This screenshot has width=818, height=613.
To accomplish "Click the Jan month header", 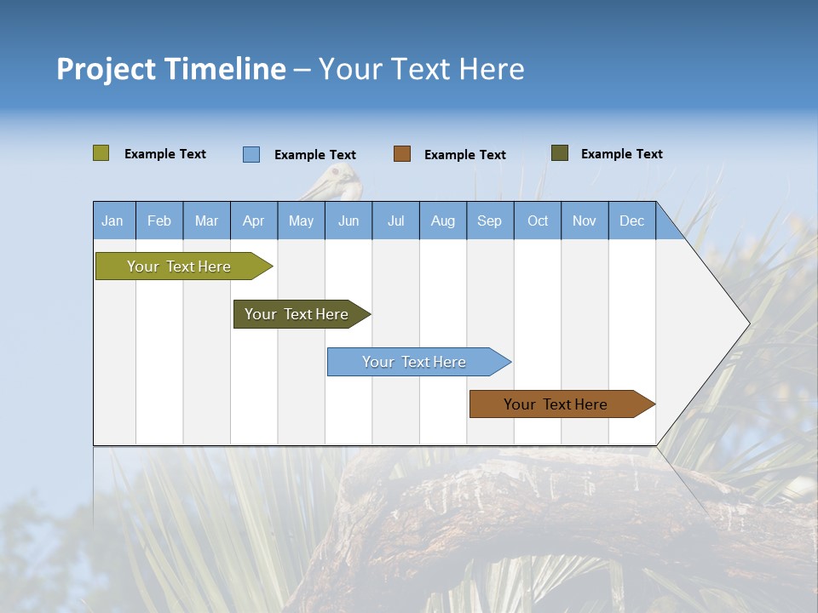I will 112,221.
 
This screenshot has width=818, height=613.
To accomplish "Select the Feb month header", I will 159,221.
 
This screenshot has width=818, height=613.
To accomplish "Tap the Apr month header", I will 253,221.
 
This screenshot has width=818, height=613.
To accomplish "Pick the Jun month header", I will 349,221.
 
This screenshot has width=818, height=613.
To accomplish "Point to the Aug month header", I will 442,221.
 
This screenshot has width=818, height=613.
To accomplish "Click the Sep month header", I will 489,221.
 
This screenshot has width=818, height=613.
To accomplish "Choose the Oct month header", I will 538,221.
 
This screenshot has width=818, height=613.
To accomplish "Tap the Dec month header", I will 631,221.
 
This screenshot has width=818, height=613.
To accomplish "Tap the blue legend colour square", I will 251,154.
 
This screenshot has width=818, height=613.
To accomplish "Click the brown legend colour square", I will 402,153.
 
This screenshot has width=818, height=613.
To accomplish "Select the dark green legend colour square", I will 560,153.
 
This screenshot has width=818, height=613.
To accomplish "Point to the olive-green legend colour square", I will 101,153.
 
